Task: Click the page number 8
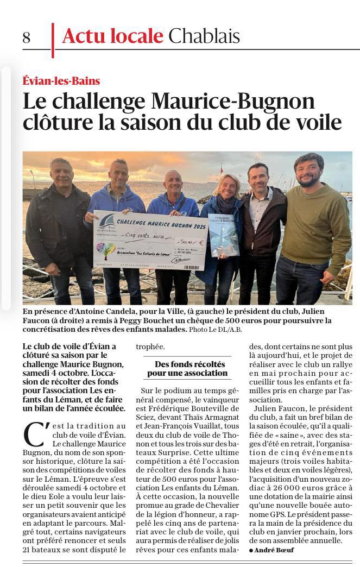(27, 37)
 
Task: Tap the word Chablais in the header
(204, 36)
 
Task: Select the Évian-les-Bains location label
(61, 81)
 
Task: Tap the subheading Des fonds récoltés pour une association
(187, 368)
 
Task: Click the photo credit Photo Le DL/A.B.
(216, 329)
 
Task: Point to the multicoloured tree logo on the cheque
(105, 250)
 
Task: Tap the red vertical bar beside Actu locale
(53, 40)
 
